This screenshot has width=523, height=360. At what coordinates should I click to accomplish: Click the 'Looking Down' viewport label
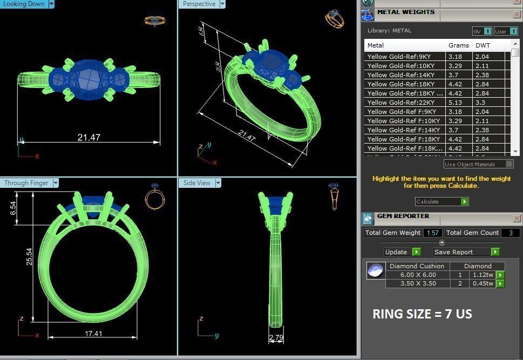pos(24,4)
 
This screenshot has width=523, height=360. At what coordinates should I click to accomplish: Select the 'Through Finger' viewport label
pos(26,183)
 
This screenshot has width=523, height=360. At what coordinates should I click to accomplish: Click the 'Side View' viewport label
pos(196,183)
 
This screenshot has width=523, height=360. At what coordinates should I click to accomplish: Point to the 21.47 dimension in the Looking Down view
pos(89,138)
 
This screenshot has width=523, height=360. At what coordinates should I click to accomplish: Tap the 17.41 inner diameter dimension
pos(93,334)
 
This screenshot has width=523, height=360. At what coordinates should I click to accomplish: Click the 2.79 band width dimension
pos(276,338)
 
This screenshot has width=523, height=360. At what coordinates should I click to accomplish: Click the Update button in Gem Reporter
pos(396,252)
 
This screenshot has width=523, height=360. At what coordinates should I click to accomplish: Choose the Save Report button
pos(453,252)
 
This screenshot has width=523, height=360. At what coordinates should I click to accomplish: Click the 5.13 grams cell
pos(456,103)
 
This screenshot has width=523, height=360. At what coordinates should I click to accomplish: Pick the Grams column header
pos(458,45)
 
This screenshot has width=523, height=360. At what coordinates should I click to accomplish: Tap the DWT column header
pos(483,45)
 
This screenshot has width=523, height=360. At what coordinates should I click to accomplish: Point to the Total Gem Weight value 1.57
pos(432,233)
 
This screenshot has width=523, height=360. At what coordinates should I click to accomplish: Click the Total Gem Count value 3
pos(510,233)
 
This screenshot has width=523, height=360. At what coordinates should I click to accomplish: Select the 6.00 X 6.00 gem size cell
pos(418,275)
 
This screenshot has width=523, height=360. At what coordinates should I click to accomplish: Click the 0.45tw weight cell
pos(483,283)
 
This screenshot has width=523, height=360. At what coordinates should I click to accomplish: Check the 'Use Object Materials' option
pos(509,164)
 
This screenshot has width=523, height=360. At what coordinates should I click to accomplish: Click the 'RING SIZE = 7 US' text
pos(422,314)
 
